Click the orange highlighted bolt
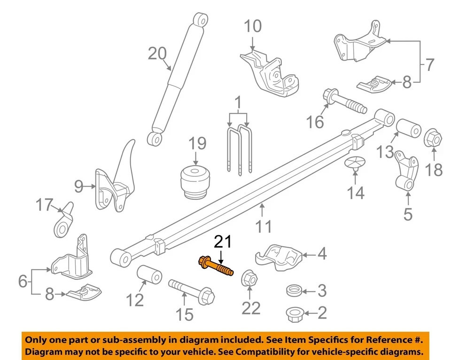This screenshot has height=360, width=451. pyautogui.click(x=216, y=266)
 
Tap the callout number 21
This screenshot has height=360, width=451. pyautogui.click(x=223, y=242)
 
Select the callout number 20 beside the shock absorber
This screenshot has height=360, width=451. pyautogui.click(x=157, y=54)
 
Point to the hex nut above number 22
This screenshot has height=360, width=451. pyautogui.click(x=249, y=278)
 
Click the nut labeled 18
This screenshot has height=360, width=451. pyautogui.click(x=433, y=138)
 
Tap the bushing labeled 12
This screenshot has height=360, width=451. pyautogui.click(x=149, y=275)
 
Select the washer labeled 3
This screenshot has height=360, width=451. pyautogui.click(x=294, y=290)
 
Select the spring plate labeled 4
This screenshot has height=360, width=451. pyautogui.click(x=278, y=258)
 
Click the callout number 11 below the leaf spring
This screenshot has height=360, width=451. pyautogui.click(x=264, y=227)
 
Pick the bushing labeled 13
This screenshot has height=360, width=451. pyautogui.click(x=409, y=128)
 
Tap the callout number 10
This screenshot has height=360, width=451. pyautogui.click(x=253, y=26)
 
